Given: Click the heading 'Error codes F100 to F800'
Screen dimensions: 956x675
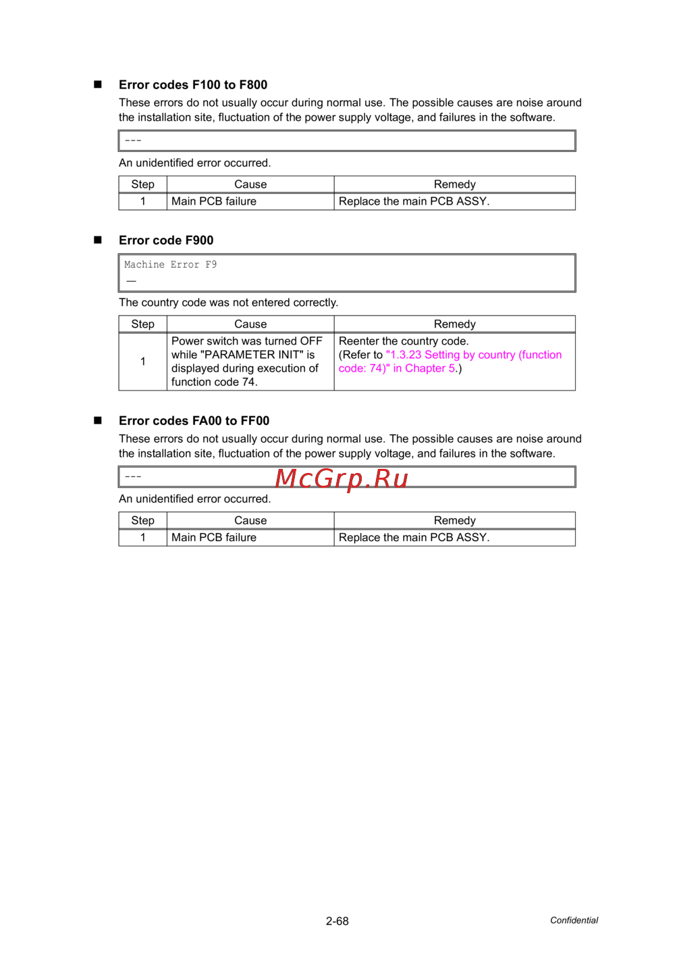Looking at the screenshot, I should [193, 85].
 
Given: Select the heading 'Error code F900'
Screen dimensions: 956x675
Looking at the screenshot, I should [166, 241].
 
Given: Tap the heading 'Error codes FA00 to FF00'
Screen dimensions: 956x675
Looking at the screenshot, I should [194, 421].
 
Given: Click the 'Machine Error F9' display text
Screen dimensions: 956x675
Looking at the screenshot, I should [170, 265].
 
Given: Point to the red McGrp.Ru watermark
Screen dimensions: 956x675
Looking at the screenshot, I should [342, 478].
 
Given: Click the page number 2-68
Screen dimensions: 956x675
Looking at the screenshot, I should [337, 921].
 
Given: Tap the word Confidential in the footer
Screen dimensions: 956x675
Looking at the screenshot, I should [574, 920].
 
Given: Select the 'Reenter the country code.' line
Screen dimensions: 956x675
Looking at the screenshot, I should [404, 341].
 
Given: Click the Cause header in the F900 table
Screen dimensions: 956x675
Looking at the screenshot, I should [250, 324].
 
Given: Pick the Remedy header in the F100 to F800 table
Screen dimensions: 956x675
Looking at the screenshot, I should [454, 184].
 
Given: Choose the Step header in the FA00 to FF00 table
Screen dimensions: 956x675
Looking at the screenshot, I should [142, 520].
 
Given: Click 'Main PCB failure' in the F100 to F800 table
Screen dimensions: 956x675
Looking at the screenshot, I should [214, 201].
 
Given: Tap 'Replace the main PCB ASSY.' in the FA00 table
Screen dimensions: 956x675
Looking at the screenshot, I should [414, 538].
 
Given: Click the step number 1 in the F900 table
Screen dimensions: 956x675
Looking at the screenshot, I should [143, 361].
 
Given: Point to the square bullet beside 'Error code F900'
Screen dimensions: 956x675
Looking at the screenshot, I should [98, 240].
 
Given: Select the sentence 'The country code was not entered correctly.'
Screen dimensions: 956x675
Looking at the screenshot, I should [228, 303].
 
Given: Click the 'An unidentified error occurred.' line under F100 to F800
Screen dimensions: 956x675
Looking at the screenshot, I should [194, 163].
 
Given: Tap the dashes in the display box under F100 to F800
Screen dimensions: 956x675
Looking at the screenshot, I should [133, 141].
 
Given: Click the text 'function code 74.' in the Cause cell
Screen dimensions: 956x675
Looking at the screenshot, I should [214, 382].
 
